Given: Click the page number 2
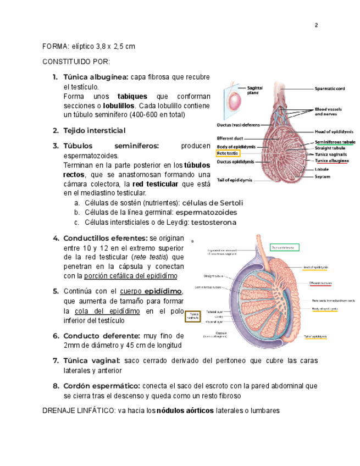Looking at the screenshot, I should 316,25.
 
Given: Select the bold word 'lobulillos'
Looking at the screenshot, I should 119,106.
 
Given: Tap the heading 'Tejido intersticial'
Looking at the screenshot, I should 95,131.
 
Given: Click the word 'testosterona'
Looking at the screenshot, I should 213,223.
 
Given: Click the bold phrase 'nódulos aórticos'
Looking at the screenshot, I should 184,410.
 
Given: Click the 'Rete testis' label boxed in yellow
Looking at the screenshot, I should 228,153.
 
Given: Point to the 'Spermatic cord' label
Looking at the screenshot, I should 330,88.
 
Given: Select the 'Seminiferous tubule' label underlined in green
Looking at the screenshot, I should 335,142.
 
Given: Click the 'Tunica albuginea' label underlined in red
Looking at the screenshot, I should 331,161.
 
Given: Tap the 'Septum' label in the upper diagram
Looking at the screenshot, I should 323,176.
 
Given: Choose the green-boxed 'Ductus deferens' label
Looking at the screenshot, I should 284,247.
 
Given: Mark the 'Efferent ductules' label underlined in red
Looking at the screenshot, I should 320,283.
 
